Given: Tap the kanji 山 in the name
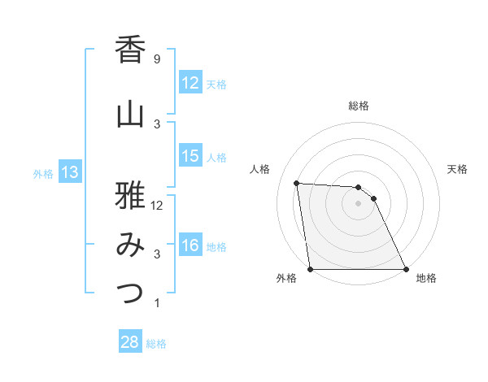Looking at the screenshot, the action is point(131,115).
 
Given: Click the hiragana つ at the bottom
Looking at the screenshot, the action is point(131,294).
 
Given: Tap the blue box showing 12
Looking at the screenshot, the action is point(190,83).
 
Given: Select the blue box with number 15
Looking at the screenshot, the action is point(190,157).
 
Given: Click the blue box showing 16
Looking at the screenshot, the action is point(190,246).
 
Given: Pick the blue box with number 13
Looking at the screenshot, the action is point(69,172).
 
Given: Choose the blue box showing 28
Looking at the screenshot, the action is point(130,342).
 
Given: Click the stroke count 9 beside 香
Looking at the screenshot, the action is point(156,59).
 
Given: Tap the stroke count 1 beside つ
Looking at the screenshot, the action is point(156,303).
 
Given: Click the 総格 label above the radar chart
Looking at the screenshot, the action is point(359,106).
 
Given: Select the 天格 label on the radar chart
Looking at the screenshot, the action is point(457,169).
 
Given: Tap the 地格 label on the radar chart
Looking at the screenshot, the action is point(426,279).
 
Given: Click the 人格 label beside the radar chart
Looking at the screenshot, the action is point(260,169).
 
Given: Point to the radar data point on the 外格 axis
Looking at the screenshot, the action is point(310,269).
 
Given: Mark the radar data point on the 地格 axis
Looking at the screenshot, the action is point(406,269).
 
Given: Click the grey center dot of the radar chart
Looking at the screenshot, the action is point(358,203).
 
